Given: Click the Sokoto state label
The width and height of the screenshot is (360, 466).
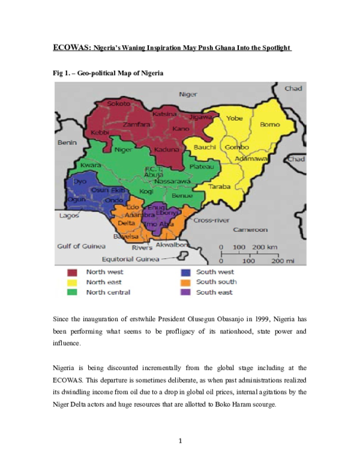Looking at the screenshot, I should (x=119, y=104).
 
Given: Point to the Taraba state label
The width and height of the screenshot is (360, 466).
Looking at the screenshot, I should (x=219, y=187).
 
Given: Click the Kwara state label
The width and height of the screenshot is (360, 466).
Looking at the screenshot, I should (x=90, y=165).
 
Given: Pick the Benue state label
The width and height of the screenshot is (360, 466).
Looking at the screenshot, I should (x=182, y=196).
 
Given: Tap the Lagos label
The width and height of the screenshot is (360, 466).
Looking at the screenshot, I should (x=69, y=216).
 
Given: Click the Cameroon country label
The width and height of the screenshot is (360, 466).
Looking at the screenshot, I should (x=250, y=230).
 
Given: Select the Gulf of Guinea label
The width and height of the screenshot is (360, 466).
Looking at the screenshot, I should (x=81, y=246).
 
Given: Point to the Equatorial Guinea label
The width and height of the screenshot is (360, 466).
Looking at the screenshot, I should (x=131, y=259).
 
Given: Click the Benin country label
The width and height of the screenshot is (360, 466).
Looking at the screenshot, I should (x=67, y=143).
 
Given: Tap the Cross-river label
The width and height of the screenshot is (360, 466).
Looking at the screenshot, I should (x=211, y=220).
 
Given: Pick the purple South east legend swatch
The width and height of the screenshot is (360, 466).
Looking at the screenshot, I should (x=185, y=292).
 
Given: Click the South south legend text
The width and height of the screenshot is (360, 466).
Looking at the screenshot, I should (x=216, y=282).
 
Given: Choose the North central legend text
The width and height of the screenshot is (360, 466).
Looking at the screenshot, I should (x=108, y=292).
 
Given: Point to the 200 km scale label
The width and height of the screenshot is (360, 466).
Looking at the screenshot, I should (x=265, y=247).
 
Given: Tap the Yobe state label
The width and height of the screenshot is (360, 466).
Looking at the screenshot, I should (x=235, y=118).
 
